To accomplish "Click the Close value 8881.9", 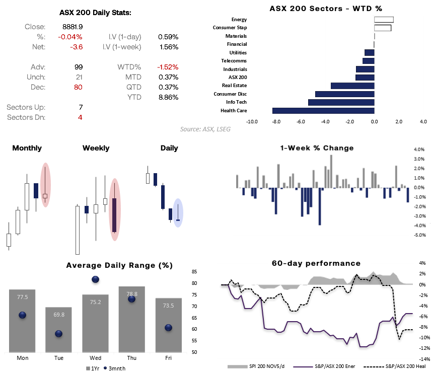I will click(x=73, y=27).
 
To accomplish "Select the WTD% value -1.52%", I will click(x=168, y=67).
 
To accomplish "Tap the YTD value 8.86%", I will click(x=168, y=97).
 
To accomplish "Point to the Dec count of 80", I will click(x=77, y=87).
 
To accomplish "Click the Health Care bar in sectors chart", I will click(x=323, y=110).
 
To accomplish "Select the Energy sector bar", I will click(x=384, y=20).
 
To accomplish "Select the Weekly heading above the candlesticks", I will click(x=96, y=148).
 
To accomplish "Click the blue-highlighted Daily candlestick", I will click(x=178, y=213).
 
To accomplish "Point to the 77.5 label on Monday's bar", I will click(x=22, y=297).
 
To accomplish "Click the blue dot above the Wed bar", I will click(x=95, y=279).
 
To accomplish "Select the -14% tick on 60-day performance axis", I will click(x=424, y=359).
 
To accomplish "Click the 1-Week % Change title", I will click(x=317, y=148).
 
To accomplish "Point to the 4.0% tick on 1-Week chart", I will click(x=419, y=149).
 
